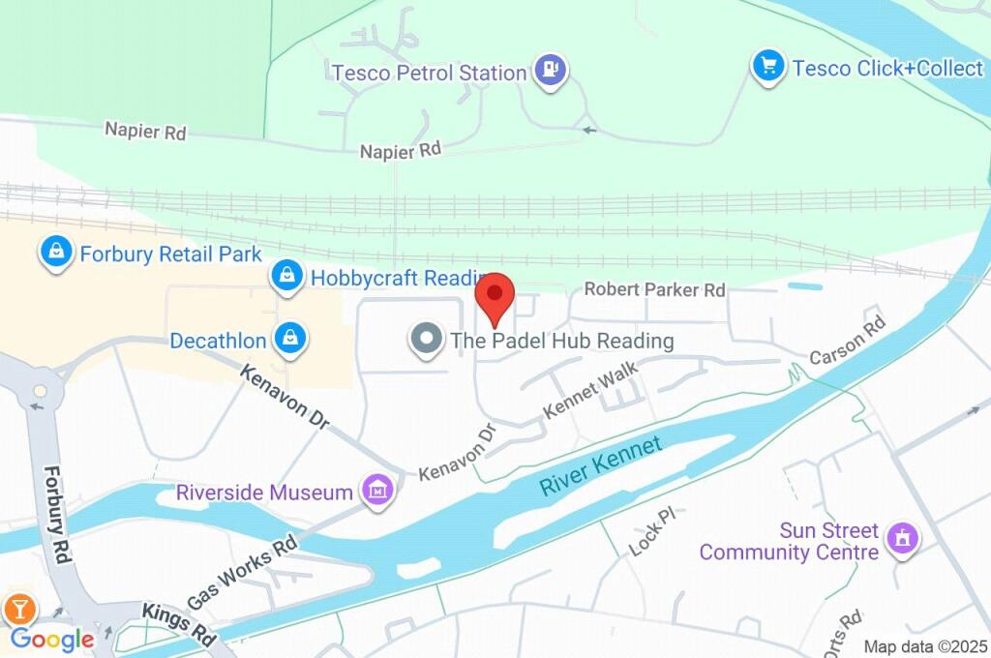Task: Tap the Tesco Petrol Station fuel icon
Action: coord(552,71)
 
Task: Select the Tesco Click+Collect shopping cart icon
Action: coord(768,67)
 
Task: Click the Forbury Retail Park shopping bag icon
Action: coord(56,254)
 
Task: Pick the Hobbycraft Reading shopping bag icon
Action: coord(287,277)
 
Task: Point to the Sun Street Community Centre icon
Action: coord(904,540)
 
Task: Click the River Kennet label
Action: coord(600,465)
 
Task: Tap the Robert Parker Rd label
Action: coord(654,289)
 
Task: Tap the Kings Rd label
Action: coord(178,625)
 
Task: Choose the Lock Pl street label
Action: coord(650,531)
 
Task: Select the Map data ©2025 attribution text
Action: coord(925,646)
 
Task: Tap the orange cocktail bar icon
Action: coord(19,608)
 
